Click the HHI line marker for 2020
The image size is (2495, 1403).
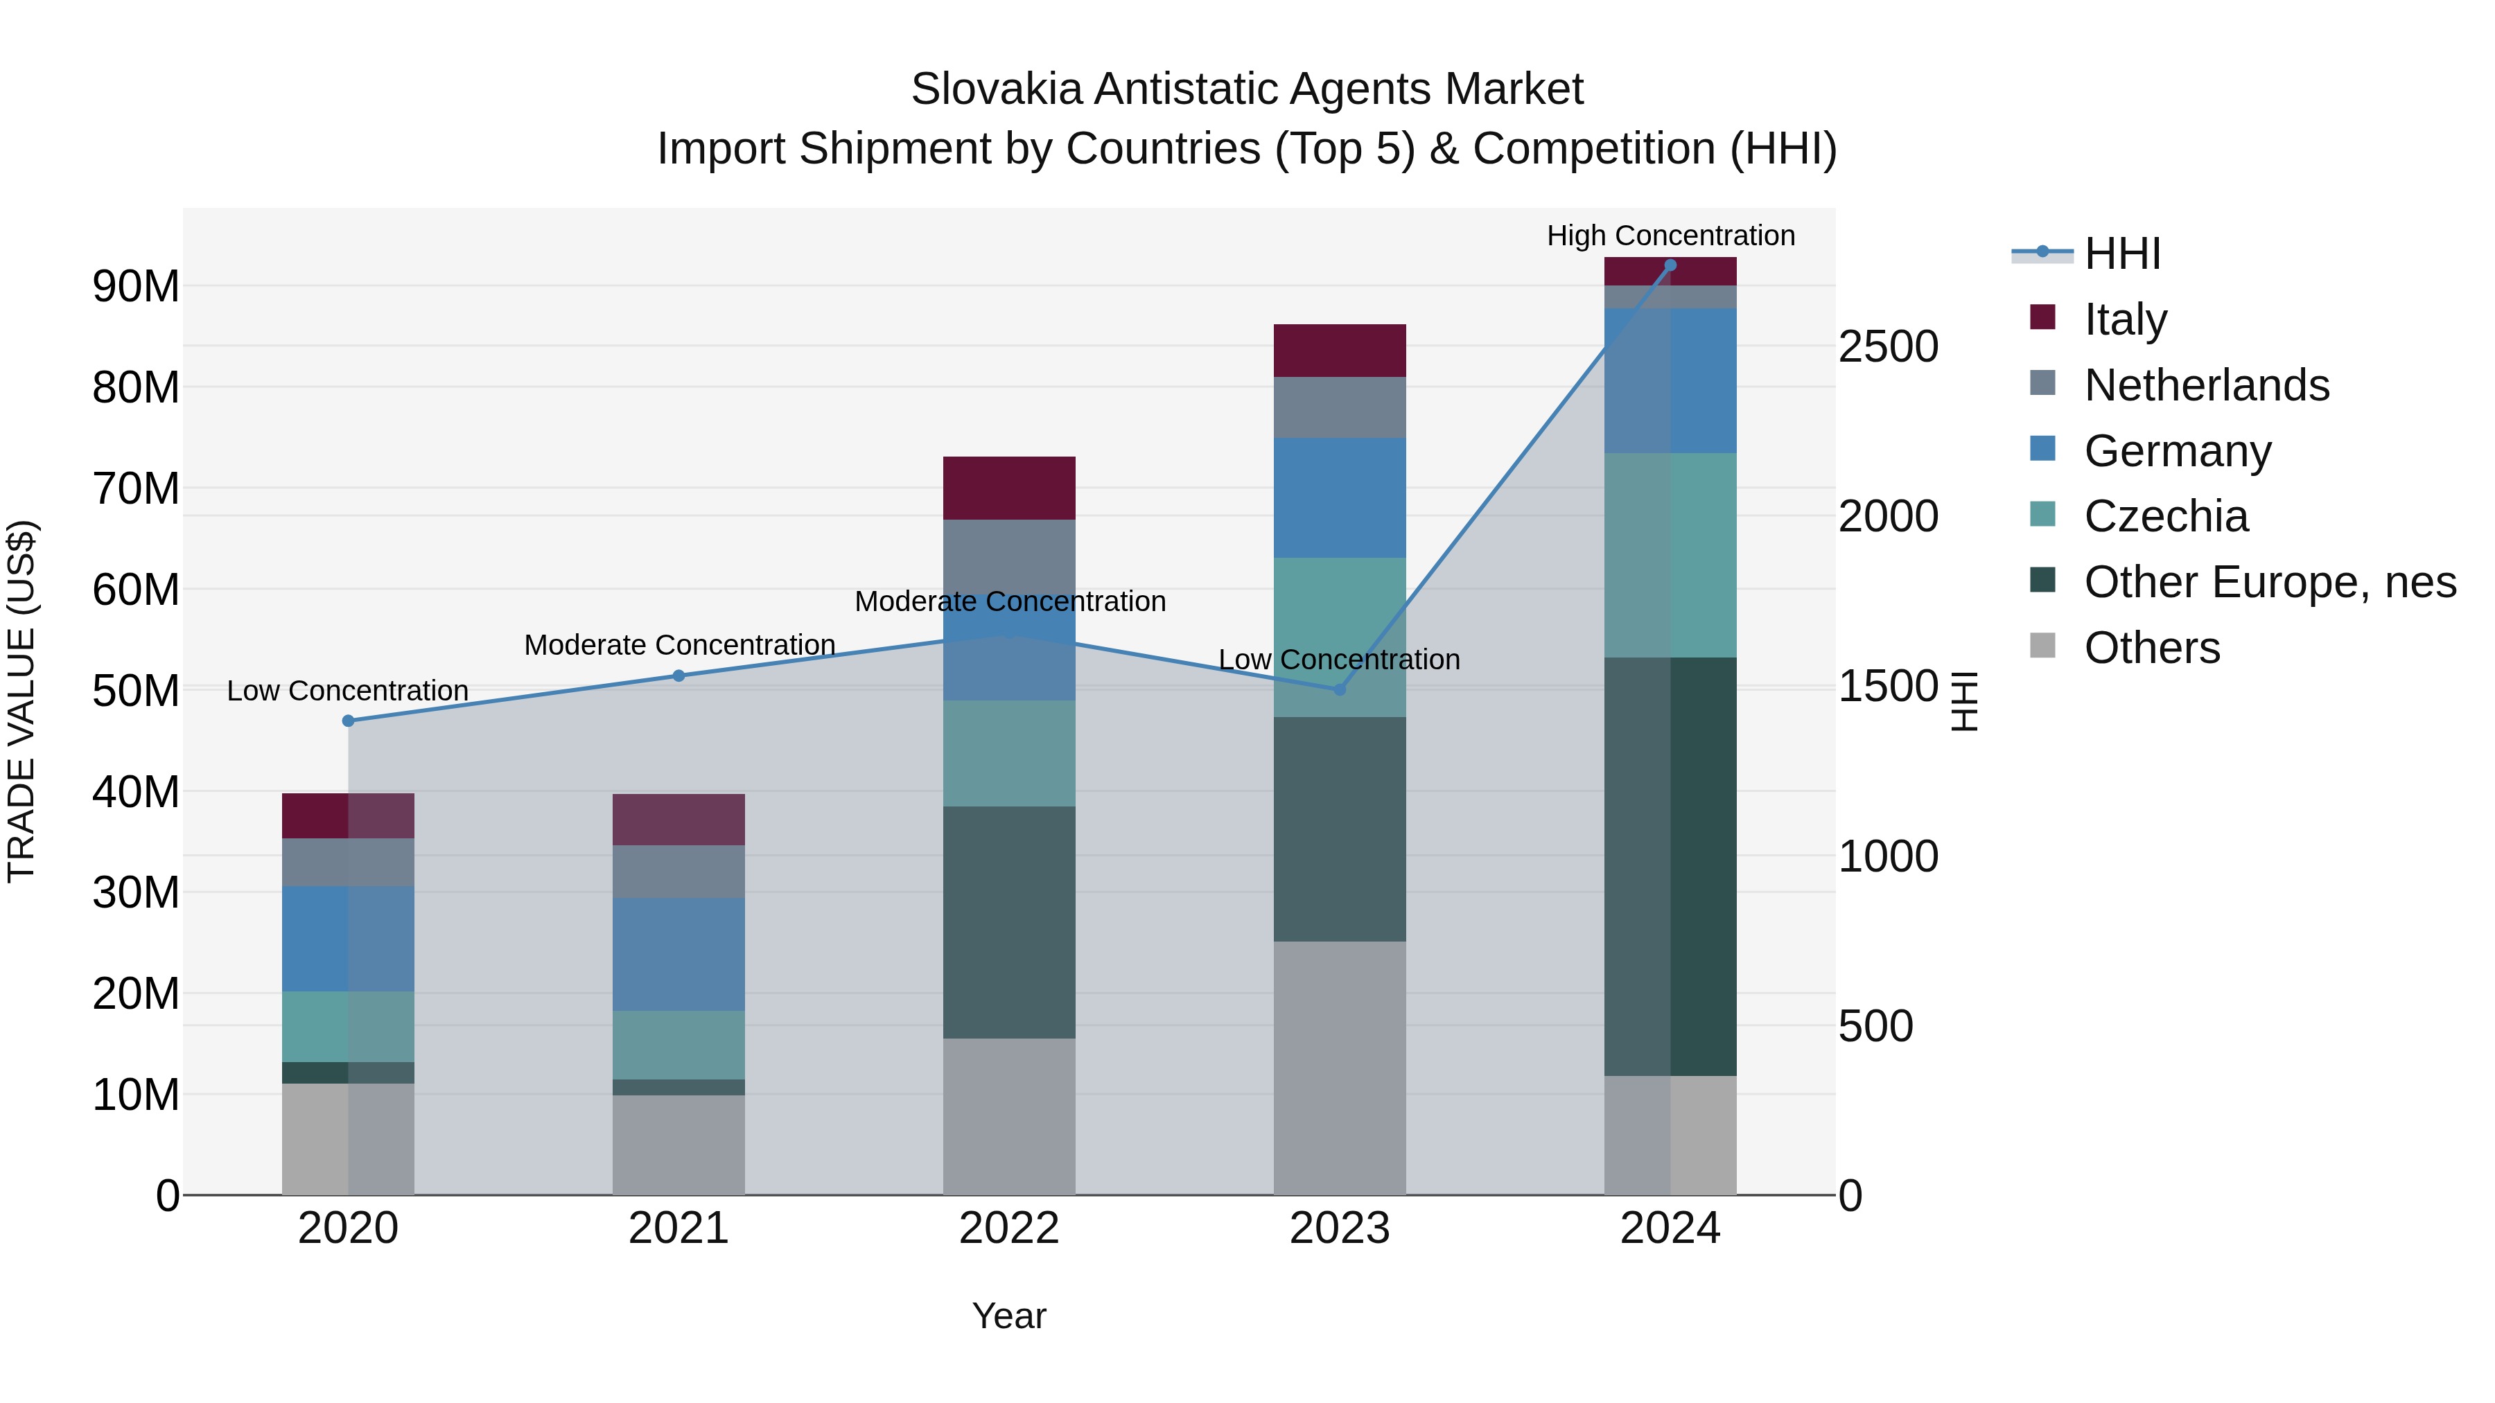(348, 721)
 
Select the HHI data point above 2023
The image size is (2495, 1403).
(1340, 689)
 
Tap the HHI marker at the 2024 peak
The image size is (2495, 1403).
(1670, 265)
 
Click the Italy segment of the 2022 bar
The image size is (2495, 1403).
(1008, 488)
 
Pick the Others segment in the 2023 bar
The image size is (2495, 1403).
(1340, 1067)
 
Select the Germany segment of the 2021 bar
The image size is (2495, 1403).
(678, 954)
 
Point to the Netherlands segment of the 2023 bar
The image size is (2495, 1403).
(1340, 407)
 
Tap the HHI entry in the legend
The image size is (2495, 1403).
(2121, 254)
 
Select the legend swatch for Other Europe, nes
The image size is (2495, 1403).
(2042, 581)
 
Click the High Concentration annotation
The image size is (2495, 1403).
(1670, 236)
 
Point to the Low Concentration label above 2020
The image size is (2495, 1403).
(348, 690)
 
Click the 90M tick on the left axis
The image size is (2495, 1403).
(136, 287)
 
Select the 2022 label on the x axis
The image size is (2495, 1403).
(1008, 1228)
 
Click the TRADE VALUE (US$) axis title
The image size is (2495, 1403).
(21, 701)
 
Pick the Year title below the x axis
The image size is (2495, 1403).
(1008, 1316)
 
